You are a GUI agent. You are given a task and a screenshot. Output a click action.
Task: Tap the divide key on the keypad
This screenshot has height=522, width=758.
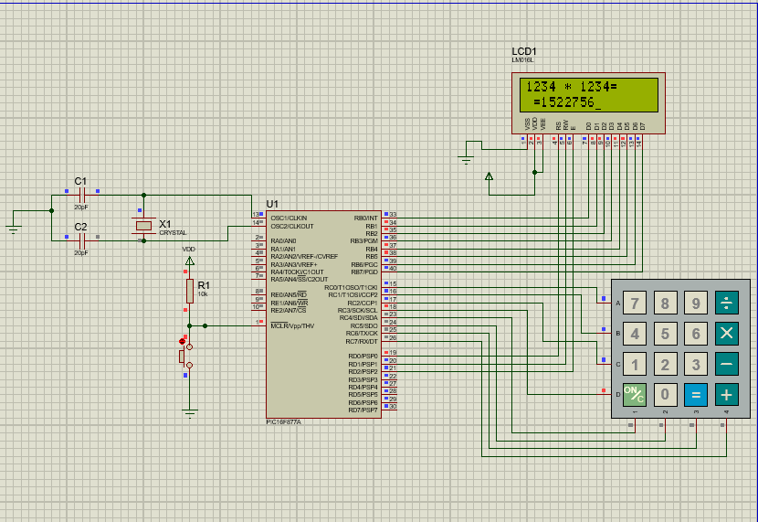point(726,303)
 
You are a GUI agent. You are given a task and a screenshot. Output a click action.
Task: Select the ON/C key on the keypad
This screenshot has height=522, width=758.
point(635,395)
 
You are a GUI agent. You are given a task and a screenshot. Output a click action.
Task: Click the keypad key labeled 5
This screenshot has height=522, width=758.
point(666,334)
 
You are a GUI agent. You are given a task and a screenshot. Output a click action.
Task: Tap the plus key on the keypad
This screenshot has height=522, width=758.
point(726,395)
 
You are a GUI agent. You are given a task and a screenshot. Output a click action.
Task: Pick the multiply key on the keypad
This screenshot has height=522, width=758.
point(726,334)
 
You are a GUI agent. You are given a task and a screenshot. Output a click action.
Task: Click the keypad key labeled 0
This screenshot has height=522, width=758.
point(666,395)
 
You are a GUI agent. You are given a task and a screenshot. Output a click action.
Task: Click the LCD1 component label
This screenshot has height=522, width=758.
point(524,51)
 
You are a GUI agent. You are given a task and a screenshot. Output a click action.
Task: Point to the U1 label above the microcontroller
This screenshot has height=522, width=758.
point(272,203)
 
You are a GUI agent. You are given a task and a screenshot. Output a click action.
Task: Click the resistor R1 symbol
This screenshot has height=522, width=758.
point(190,291)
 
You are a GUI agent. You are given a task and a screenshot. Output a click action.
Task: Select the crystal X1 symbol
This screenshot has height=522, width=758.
point(143,225)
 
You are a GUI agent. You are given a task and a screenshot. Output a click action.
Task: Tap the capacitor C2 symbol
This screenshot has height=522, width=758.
point(81,240)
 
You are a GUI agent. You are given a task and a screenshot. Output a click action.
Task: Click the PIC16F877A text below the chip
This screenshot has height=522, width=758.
point(283,421)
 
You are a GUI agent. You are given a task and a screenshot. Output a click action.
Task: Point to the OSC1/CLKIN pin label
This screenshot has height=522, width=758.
point(289,218)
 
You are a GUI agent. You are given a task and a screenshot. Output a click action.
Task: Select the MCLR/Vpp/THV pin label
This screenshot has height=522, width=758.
point(292,325)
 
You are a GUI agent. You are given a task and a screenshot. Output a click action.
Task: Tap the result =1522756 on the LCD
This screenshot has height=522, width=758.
point(567,102)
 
